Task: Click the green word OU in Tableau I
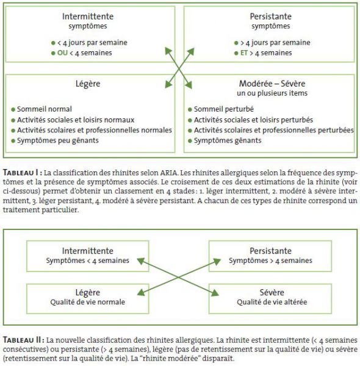pos(62,52)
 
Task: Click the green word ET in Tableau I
pos(244,52)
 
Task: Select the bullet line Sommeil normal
pos(45,109)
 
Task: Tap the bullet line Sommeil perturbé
pos(224,109)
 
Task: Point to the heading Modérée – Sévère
pos(272,84)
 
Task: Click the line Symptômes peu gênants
pos(58,140)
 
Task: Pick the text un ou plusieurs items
pos(272,93)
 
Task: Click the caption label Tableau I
pos(23,173)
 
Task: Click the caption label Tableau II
pos(24,340)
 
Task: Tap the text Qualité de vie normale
pos(87,302)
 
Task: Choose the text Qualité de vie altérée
pos(272,302)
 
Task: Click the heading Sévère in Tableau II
pos(272,292)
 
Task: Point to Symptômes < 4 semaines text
pos(87,260)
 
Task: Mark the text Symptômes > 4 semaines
pos(270,260)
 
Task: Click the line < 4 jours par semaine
pos(92,43)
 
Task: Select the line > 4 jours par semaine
pos(275,43)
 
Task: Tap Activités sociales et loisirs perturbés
pos(253,120)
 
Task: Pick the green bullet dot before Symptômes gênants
pos(190,141)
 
